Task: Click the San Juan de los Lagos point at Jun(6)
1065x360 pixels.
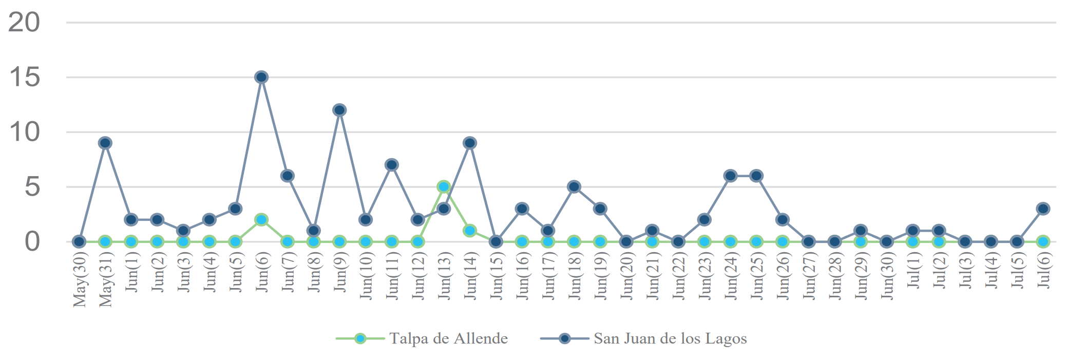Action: pyautogui.click(x=261, y=77)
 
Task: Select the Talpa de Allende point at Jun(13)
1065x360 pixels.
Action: pyautogui.click(x=444, y=186)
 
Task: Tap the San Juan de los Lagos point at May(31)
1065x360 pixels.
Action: pyautogui.click(x=105, y=143)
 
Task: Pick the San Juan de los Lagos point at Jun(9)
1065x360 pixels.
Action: pyautogui.click(x=339, y=110)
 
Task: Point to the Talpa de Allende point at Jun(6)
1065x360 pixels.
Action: pyautogui.click(x=261, y=219)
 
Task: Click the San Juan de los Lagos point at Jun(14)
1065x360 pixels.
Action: pyautogui.click(x=470, y=143)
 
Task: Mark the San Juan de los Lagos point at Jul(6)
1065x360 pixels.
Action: pyautogui.click(x=1043, y=209)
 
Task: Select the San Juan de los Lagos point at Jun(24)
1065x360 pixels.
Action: pyautogui.click(x=730, y=176)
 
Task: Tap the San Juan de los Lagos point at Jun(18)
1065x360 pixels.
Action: pyautogui.click(x=574, y=186)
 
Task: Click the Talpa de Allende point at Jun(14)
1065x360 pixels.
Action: pyautogui.click(x=470, y=231)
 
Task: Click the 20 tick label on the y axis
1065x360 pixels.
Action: pyautogui.click(x=24, y=23)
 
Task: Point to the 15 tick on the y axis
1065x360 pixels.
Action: pyautogui.click(x=24, y=77)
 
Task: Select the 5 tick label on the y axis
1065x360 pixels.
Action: pyautogui.click(x=32, y=186)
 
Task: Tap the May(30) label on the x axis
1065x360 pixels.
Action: pyautogui.click(x=80, y=280)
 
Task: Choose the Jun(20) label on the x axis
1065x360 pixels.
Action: pyautogui.click(x=626, y=276)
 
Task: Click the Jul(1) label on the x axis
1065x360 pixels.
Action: pyautogui.click(x=913, y=271)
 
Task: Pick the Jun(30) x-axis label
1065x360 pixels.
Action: pyautogui.click(x=887, y=276)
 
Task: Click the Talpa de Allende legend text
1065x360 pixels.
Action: pyautogui.click(x=448, y=338)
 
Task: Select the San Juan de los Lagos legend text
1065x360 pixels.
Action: pyautogui.click(x=670, y=338)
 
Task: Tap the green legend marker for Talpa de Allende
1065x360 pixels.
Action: pyautogui.click(x=360, y=338)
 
